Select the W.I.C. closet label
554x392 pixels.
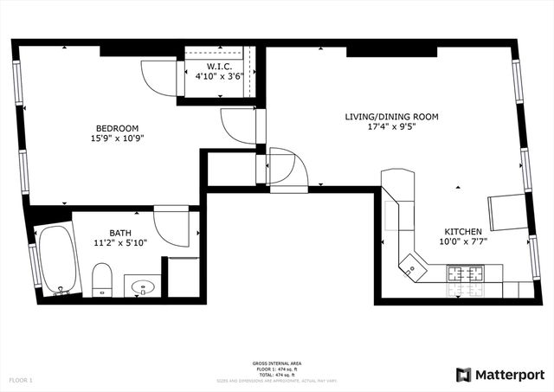[219, 66]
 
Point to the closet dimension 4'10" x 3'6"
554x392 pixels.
[219, 76]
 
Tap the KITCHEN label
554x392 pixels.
[465, 231]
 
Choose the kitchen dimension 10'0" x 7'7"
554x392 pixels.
[465, 242]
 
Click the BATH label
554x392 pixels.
[120, 233]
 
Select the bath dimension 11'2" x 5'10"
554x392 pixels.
[120, 243]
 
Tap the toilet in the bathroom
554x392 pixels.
[102, 279]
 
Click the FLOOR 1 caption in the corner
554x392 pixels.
[21, 380]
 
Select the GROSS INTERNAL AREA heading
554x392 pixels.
[277, 363]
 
